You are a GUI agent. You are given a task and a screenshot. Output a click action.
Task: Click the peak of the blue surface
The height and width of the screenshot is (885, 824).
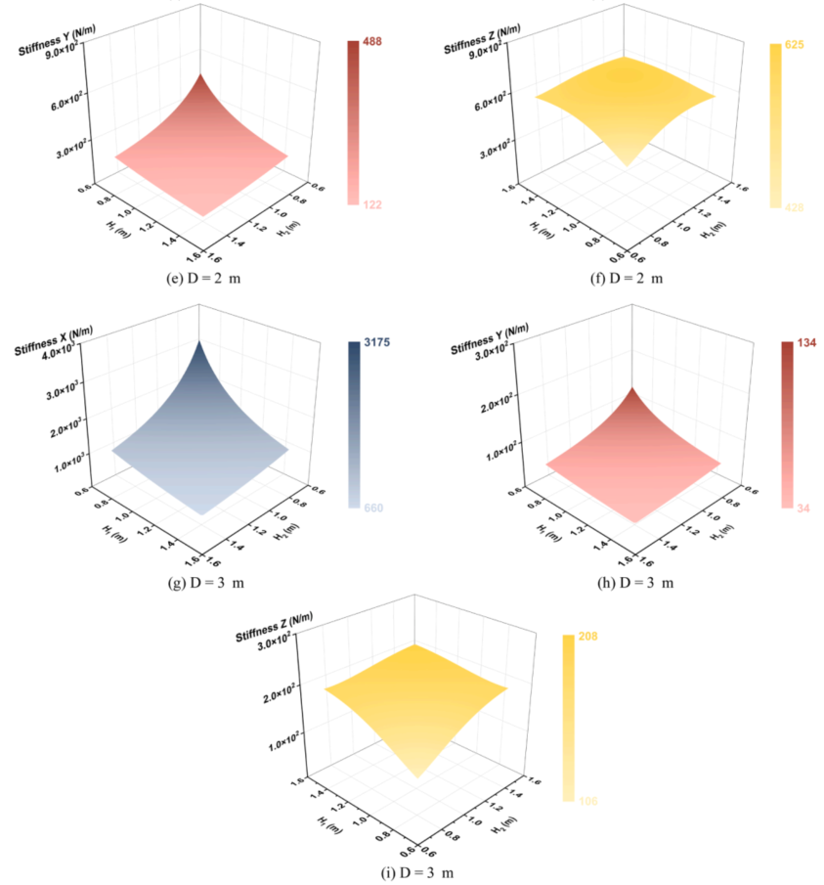click(x=200, y=341)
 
